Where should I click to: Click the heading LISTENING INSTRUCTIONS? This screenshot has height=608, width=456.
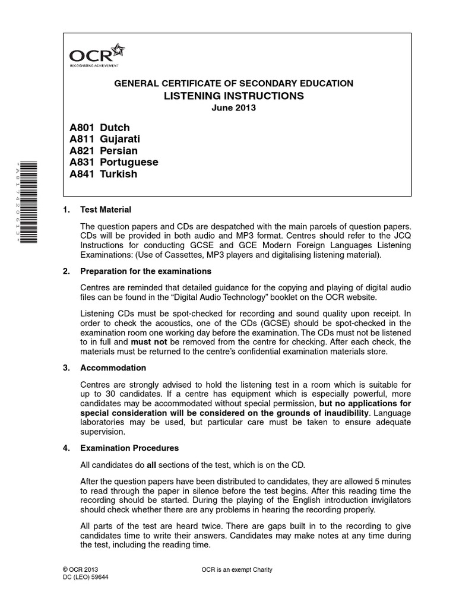pyautogui.click(x=233, y=96)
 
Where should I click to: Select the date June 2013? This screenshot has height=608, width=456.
pyautogui.click(x=233, y=109)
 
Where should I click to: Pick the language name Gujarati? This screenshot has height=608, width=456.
pyautogui.click(x=121, y=140)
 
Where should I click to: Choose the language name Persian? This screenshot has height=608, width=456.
pyautogui.click(x=119, y=151)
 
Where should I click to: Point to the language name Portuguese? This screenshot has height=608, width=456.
pyautogui.click(x=129, y=163)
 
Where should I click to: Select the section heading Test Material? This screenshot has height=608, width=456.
pyautogui.click(x=105, y=210)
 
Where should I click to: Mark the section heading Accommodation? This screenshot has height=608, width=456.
pyautogui.click(x=113, y=368)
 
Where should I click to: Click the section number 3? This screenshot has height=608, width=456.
pyautogui.click(x=66, y=368)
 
